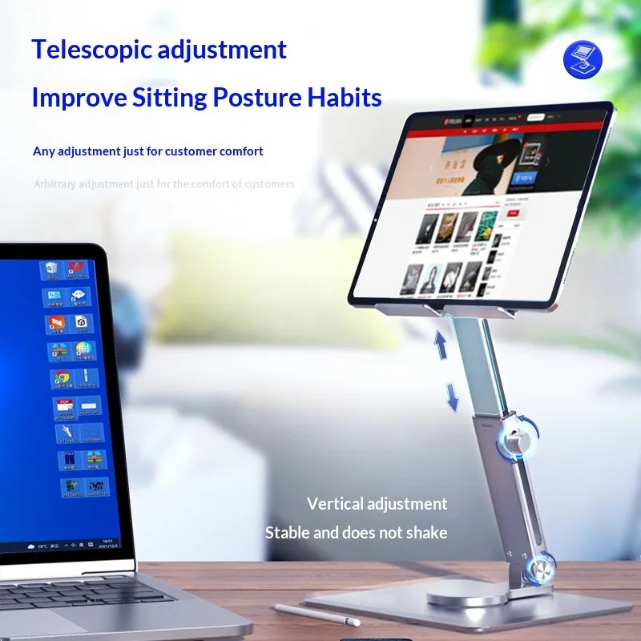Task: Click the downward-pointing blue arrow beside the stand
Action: tap(453, 396)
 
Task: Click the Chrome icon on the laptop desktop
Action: tap(59, 377)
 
